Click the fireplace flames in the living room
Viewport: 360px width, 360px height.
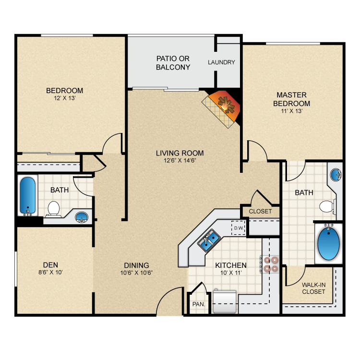[x=227, y=105]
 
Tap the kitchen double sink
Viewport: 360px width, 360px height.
[x=209, y=240]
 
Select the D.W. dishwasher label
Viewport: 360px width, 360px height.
[x=239, y=228]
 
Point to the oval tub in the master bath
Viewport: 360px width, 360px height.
[x=328, y=244]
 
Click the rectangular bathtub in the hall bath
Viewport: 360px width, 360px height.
[x=28, y=195]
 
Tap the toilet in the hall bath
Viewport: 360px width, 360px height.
[x=53, y=209]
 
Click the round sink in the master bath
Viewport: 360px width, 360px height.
[x=336, y=175]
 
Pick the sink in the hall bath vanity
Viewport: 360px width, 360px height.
[x=82, y=217]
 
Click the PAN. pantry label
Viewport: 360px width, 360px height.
[x=199, y=304]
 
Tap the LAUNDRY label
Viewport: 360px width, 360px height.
[x=221, y=62]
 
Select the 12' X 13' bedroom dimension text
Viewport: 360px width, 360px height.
[x=65, y=98]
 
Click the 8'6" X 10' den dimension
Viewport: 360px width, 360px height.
[x=50, y=272]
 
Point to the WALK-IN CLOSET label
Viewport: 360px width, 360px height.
[x=313, y=288]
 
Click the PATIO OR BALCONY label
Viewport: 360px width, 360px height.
[x=173, y=63]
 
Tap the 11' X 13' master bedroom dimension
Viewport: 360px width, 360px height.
[x=291, y=111]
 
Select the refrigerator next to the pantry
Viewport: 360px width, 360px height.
[x=225, y=301]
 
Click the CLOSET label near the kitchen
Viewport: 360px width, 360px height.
[x=260, y=211]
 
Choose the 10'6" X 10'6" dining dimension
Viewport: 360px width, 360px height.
[x=137, y=273]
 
